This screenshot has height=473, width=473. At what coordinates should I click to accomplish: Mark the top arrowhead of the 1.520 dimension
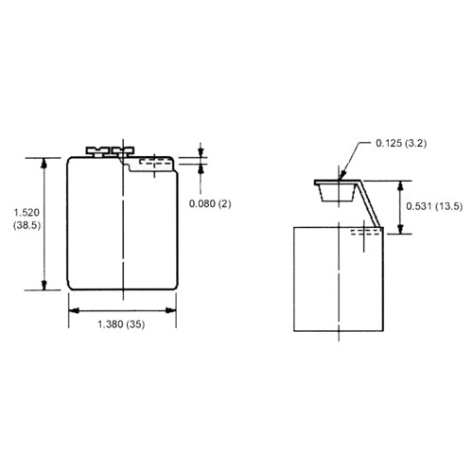[44, 162]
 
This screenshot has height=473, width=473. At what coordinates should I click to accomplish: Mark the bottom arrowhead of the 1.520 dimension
[44, 287]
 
